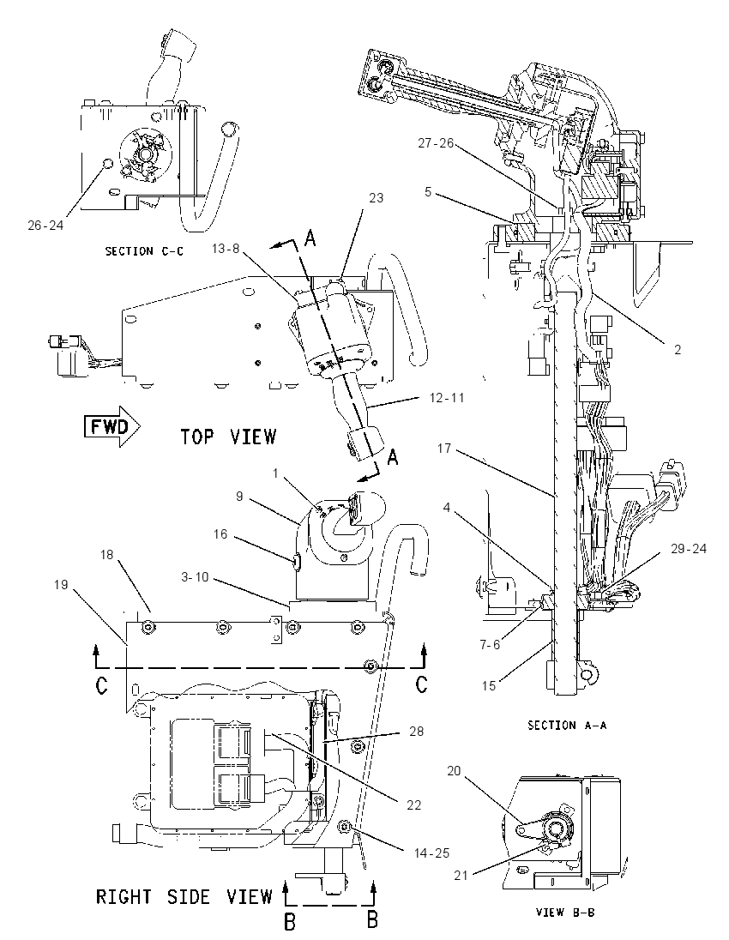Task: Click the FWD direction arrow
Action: click(112, 426)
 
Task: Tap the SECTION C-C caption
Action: click(144, 251)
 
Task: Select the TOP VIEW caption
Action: click(228, 437)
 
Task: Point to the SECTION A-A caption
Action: click(567, 726)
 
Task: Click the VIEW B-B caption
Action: click(565, 912)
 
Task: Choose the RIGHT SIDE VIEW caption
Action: click(184, 897)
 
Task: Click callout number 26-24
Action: click(45, 225)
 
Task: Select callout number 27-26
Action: click(436, 143)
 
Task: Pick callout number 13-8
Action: click(226, 248)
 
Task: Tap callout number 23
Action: click(376, 198)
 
